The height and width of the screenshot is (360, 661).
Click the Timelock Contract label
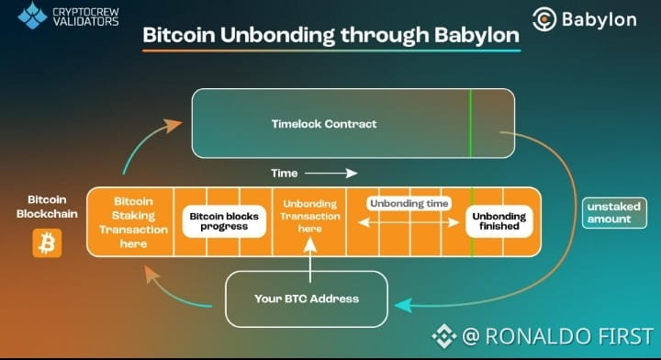coord(324,124)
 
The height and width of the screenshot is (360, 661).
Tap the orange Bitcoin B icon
coord(47,243)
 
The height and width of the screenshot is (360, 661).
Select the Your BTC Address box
coord(307,298)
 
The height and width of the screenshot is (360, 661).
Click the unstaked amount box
coord(614,213)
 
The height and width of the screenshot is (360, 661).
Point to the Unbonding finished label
coord(499,221)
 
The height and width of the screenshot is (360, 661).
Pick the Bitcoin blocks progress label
coord(224,221)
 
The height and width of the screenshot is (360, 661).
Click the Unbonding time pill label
coord(409,204)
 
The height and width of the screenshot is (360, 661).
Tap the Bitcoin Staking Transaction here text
coord(133,222)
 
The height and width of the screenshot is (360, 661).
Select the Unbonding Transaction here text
coord(310,216)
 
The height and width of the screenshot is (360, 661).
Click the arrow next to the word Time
coord(330,174)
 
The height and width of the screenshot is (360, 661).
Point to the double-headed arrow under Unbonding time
coord(409,222)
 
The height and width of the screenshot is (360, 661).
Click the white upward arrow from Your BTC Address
coord(310,260)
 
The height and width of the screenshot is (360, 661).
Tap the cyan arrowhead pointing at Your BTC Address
coord(403,305)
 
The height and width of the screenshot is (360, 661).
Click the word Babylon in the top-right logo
coord(599,20)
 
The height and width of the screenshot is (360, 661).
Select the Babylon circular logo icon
coord(544,19)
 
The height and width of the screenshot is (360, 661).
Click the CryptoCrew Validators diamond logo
coord(32,16)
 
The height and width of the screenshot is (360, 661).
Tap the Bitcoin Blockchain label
coord(47,207)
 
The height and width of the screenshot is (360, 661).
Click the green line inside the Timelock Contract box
coord(471,123)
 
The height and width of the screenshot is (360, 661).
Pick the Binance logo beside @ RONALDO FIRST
coord(444,336)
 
